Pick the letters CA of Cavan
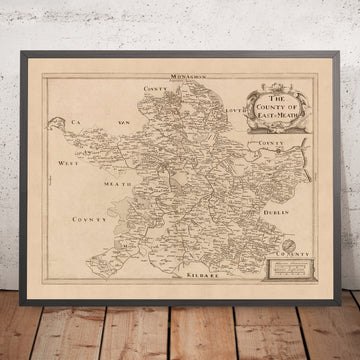point(77,125)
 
